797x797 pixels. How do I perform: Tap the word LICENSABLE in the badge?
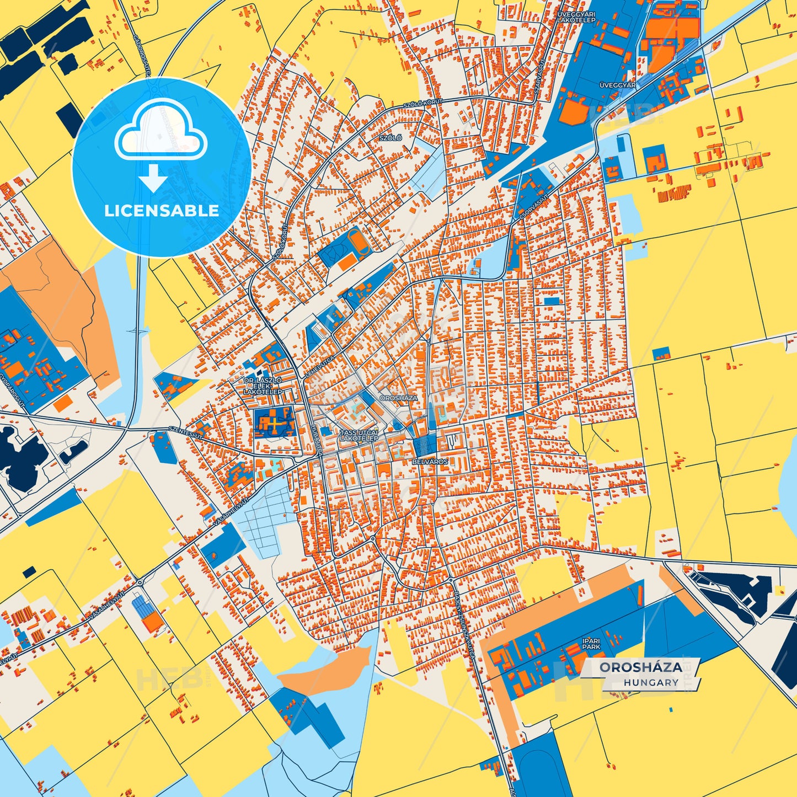click(x=162, y=210)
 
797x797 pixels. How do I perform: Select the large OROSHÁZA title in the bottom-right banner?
click(x=640, y=667)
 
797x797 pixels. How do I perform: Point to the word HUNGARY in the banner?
click(x=651, y=682)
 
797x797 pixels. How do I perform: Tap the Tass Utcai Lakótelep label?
click(x=359, y=435)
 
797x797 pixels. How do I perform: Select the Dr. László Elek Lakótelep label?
click(x=263, y=386)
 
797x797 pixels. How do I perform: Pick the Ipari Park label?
click(x=591, y=643)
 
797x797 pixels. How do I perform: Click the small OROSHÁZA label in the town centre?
click(x=399, y=397)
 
